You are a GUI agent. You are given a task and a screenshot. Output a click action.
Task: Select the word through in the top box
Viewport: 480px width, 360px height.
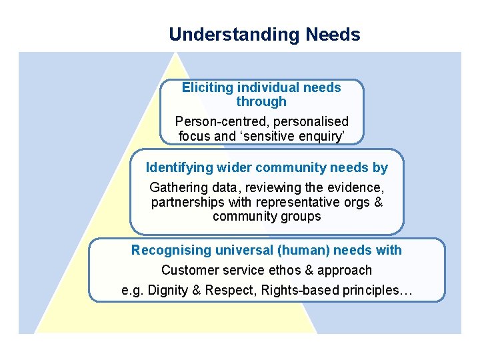tap(261, 101)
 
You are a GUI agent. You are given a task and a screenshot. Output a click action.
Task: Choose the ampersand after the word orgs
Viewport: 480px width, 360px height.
tap(378, 202)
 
